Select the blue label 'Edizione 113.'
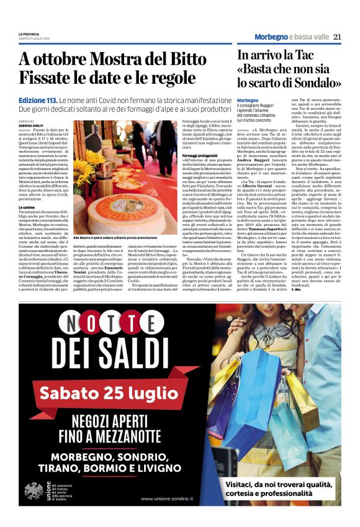tap(38, 100)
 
